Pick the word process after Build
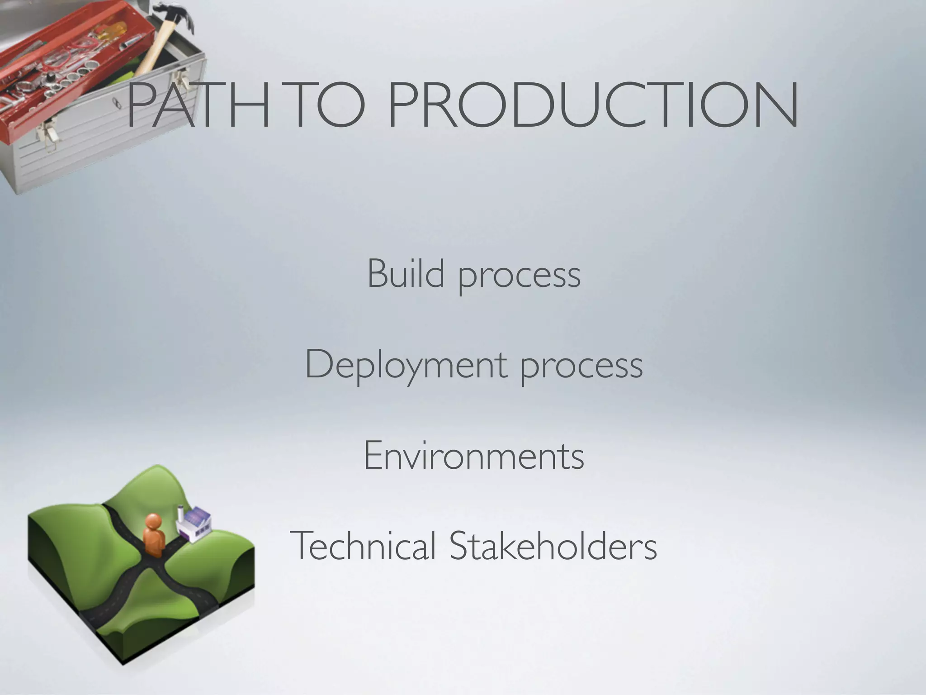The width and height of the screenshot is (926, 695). (x=520, y=276)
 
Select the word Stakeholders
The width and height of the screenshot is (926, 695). (x=553, y=546)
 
